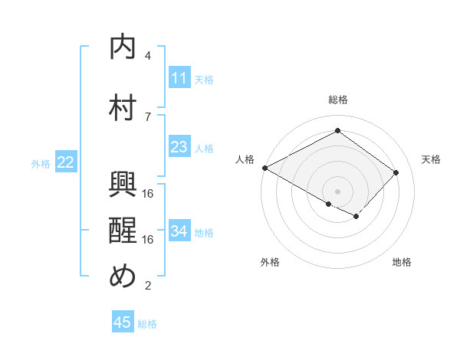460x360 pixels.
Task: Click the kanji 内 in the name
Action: point(123,47)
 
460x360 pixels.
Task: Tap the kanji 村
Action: point(123,107)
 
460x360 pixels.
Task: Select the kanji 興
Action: point(123,185)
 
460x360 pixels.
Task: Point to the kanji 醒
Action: point(123,230)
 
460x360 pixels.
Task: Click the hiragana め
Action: point(123,276)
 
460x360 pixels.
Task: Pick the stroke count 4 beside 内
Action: point(148,56)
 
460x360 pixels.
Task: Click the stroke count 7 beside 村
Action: point(148,116)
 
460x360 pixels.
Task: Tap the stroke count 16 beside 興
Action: point(149,193)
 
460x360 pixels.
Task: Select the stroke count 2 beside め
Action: point(148,286)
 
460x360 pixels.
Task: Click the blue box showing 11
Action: point(179,78)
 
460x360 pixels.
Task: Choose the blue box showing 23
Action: point(179,147)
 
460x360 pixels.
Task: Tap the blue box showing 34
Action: point(179,231)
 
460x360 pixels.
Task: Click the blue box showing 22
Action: point(66,162)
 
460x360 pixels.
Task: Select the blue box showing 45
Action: point(123,322)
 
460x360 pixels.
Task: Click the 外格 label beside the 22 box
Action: point(41,163)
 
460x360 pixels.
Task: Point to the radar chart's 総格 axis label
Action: point(337,100)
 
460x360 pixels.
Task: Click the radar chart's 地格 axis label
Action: point(402,262)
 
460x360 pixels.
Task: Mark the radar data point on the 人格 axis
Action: point(264,168)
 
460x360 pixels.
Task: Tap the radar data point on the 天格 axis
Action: point(396,172)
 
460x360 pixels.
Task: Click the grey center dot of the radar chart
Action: point(337,191)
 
